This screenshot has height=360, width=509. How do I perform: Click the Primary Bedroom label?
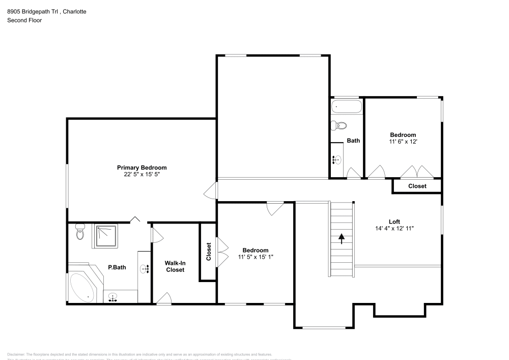[x=142, y=168]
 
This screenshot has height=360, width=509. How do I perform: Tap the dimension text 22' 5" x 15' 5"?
[x=142, y=174]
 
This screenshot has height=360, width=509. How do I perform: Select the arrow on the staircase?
[x=341, y=237]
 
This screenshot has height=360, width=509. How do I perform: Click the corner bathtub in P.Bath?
[x=83, y=287]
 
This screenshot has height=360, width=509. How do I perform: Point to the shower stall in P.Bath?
[x=106, y=236]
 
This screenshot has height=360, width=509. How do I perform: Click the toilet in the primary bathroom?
[x=79, y=232]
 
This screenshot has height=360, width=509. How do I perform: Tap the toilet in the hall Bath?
[x=340, y=125]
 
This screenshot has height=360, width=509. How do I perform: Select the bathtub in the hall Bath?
[x=346, y=107]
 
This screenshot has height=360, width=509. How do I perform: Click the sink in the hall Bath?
[x=336, y=160]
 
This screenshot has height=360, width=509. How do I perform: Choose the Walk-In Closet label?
[x=175, y=266]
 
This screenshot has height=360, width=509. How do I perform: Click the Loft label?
[x=394, y=221]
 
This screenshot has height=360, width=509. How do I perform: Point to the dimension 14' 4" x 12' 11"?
[x=394, y=229]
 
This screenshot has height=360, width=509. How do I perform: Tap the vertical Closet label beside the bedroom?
[x=208, y=252]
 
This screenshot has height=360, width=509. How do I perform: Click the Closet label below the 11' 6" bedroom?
[x=417, y=186]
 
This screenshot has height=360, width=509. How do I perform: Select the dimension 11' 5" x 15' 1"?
[x=255, y=257]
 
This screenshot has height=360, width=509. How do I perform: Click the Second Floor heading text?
[x=24, y=20]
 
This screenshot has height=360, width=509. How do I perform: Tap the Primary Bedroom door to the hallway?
[x=210, y=191]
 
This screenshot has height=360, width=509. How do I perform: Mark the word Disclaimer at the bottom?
[x=16, y=354]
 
